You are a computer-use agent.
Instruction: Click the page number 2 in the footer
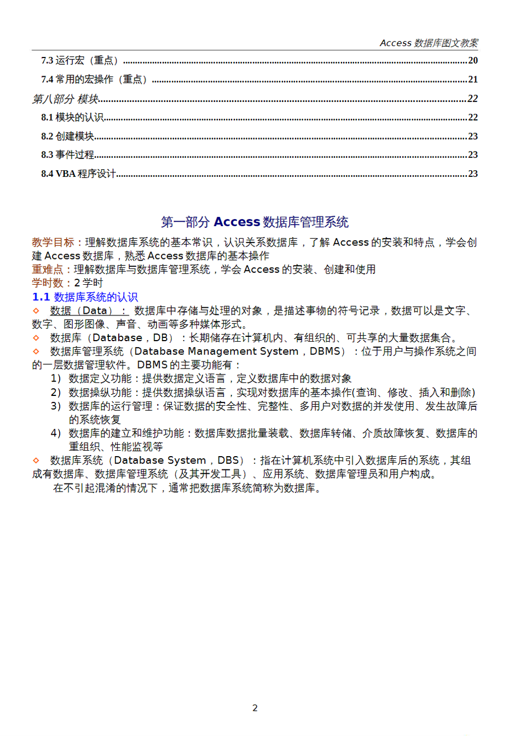[x=255, y=708]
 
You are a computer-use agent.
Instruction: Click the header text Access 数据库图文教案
[x=429, y=43]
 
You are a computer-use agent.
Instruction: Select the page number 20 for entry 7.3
[x=473, y=60]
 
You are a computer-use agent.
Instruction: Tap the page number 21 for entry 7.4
[x=473, y=79]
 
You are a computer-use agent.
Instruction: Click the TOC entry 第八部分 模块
[x=65, y=99]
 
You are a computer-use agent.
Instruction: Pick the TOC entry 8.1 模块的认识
[x=72, y=117]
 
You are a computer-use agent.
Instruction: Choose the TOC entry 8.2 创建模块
[x=67, y=136]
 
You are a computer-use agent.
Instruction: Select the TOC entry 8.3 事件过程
[x=67, y=155]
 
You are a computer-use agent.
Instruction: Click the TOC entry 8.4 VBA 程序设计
[x=78, y=174]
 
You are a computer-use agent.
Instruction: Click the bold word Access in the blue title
[x=236, y=222]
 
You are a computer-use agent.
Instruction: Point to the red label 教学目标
[x=53, y=242]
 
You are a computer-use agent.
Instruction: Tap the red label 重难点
[x=47, y=269]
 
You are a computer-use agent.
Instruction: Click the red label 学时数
[x=47, y=283]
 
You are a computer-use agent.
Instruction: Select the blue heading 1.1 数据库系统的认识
[x=85, y=297]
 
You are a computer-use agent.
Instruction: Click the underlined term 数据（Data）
[x=88, y=311]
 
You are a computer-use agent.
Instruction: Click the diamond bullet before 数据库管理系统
[x=36, y=352]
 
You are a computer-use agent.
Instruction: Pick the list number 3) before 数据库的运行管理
[x=55, y=406]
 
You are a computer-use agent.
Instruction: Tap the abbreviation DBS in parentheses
[x=228, y=461]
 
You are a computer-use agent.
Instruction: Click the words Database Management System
[x=216, y=352]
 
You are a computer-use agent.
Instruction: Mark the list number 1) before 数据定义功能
[x=55, y=378]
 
